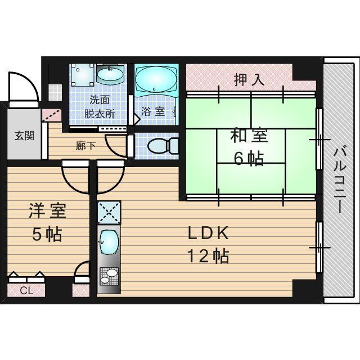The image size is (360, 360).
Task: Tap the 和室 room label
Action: pos(248,137)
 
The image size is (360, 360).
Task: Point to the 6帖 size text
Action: pos(248,159)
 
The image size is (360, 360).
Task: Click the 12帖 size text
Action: pos(208,256)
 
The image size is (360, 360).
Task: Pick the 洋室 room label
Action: pos(48,211)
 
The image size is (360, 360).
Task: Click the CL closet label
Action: pos(26,291)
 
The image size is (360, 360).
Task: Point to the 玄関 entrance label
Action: pos(23,135)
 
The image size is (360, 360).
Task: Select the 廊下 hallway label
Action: pos(85,145)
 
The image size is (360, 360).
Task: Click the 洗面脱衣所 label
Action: pos(100,107)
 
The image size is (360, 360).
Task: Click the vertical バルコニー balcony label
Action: pos(339,179)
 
